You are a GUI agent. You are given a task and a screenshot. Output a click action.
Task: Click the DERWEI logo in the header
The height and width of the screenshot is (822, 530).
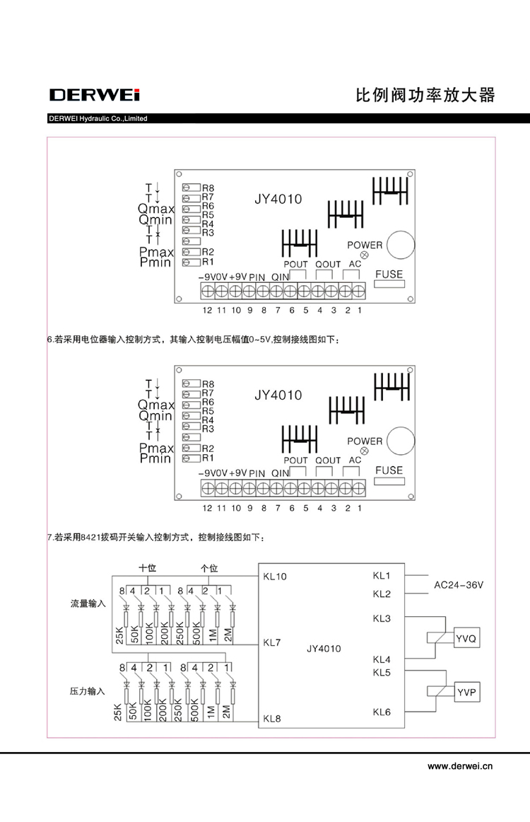coord(95,95)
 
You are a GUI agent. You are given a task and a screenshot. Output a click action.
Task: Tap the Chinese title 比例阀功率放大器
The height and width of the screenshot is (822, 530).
coord(424,95)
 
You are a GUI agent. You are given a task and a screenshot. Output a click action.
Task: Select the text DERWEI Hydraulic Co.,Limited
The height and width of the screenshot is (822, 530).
coord(98,119)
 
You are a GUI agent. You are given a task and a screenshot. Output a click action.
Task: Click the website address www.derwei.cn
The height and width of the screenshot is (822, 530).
coord(460,765)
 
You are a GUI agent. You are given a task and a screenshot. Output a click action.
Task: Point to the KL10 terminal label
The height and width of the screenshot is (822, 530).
coord(275,577)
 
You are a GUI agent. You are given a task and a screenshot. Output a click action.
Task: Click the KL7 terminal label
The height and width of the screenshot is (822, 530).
coord(272,643)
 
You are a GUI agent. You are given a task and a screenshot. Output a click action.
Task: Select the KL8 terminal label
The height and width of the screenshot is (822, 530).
coord(272,719)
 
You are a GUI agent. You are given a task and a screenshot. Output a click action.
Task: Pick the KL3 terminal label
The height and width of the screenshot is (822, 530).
coord(382,619)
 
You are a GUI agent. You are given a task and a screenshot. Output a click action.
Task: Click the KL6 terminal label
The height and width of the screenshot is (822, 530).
coord(382,712)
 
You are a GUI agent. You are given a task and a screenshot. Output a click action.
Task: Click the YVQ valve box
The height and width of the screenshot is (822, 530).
coord(466,639)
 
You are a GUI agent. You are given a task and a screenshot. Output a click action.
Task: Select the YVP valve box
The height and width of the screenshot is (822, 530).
coord(466,692)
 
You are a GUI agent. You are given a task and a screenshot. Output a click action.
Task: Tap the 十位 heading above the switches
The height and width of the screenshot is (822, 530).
coord(147,568)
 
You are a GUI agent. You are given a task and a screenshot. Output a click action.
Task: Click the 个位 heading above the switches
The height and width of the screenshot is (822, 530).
coord(209,568)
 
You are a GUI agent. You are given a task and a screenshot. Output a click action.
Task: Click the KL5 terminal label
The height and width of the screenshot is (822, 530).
coord(382,671)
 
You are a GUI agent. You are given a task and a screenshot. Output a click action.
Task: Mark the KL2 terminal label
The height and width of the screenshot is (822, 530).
coord(382,594)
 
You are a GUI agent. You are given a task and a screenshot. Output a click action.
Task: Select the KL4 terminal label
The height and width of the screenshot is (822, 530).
coord(382,659)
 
